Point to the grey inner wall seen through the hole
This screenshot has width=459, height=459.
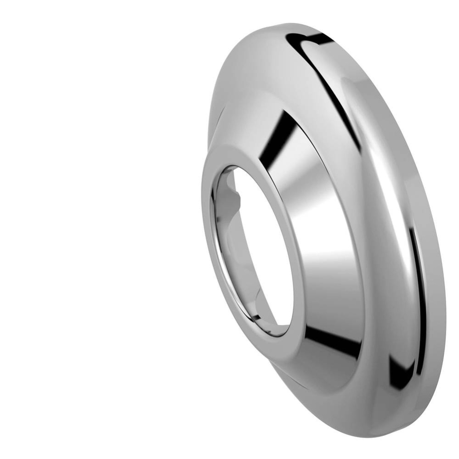pyautogui.click(x=230, y=257)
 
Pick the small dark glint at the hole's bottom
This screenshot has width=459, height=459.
pyautogui.click(x=271, y=330)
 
